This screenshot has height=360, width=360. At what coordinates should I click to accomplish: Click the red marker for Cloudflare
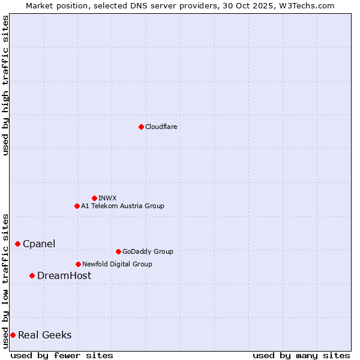pyautogui.click(x=141, y=127)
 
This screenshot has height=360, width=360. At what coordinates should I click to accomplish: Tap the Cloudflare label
pyautogui.click(x=161, y=127)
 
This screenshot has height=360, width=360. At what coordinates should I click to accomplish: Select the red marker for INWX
pyautogui.click(x=94, y=198)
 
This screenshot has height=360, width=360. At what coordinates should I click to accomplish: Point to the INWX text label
pyautogui.click(x=107, y=198)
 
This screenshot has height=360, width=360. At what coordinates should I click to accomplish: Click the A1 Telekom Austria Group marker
pyautogui.click(x=77, y=206)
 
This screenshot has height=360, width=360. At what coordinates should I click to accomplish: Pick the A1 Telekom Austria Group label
pyautogui.click(x=122, y=206)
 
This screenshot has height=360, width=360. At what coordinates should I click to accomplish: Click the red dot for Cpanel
pyautogui.click(x=17, y=244)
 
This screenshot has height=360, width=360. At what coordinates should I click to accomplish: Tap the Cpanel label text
pyautogui.click(x=39, y=244)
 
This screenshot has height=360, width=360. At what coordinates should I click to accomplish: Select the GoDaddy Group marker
pyautogui.click(x=118, y=251)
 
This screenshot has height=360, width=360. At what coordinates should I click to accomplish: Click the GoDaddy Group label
pyautogui.click(x=148, y=251)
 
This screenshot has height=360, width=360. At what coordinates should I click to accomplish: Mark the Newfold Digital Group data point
pyautogui.click(x=78, y=264)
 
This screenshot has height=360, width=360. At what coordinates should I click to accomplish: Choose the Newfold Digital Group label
pyautogui.click(x=117, y=264)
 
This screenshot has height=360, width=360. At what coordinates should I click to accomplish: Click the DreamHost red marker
pyautogui.click(x=32, y=275)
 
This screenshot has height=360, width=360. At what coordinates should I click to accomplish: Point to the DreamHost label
pyautogui.click(x=64, y=275)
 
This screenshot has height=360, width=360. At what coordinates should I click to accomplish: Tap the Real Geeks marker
pyautogui.click(x=13, y=335)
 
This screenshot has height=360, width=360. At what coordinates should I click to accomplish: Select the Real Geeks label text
pyautogui.click(x=45, y=335)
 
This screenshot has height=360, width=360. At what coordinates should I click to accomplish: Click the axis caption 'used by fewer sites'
pyautogui.click(x=62, y=355)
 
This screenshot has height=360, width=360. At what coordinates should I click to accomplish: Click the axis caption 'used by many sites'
pyautogui.click(x=301, y=355)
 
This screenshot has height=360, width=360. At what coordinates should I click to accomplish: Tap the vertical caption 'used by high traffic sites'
pyautogui.click(x=5, y=85)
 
